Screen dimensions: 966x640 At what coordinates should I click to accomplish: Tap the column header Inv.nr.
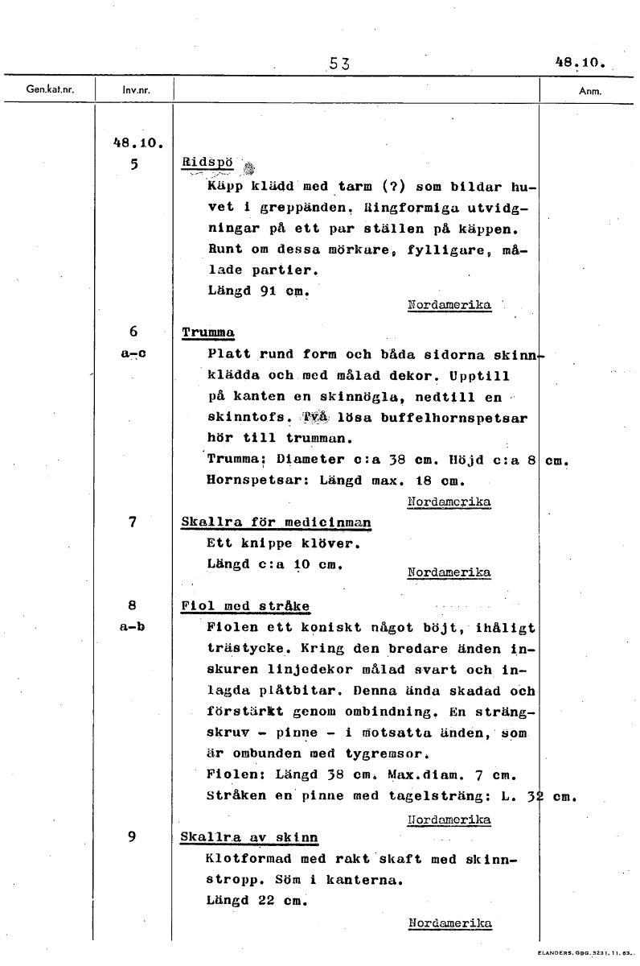(133, 91)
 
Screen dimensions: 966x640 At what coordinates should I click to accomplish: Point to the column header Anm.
(590, 91)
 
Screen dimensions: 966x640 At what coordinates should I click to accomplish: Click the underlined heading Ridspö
(207, 162)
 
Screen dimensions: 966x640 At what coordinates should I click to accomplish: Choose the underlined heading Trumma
(207, 332)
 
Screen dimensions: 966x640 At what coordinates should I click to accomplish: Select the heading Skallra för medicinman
(277, 522)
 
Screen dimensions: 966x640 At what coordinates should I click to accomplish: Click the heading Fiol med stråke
(246, 606)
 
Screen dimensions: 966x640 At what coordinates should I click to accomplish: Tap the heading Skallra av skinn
(249, 837)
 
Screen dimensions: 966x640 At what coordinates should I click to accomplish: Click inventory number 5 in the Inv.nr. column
(134, 163)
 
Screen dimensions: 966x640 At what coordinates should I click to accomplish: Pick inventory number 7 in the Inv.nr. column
(134, 522)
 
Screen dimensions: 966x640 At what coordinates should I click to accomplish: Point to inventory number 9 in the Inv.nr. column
(134, 836)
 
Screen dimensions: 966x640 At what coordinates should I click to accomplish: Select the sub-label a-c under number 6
(134, 353)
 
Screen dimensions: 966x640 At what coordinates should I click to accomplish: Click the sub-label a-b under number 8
(134, 626)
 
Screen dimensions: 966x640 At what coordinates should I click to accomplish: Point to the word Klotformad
(245, 859)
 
